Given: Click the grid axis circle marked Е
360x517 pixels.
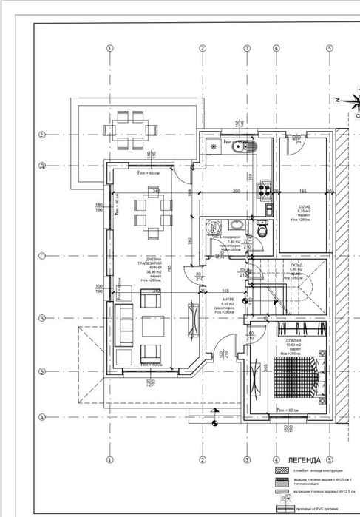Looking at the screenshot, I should click(x=43, y=135).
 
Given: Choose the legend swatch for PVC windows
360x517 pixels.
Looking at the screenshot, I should click(x=286, y=509).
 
